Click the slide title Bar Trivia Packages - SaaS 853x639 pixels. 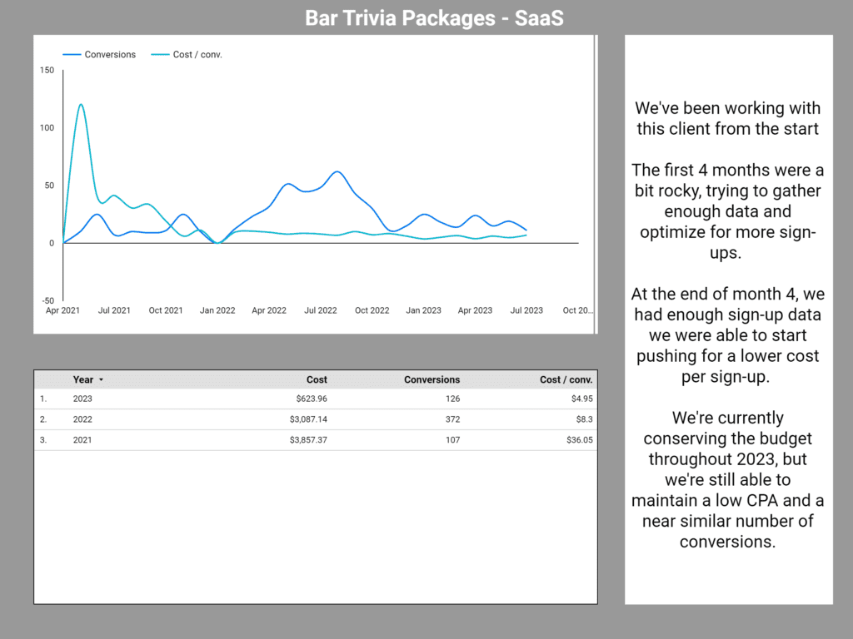[x=434, y=17]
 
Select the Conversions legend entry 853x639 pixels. [x=109, y=55]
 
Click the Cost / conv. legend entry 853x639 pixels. [x=197, y=55]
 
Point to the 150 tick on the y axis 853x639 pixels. [x=47, y=71]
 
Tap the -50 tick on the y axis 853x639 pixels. [x=47, y=300]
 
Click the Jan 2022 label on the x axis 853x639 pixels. [x=217, y=310]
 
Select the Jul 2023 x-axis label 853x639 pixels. [x=526, y=310]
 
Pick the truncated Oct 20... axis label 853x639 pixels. [x=577, y=310]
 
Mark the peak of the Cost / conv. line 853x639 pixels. [x=81, y=105]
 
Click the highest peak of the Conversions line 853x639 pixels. [x=337, y=172]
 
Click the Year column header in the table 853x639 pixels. [x=83, y=379]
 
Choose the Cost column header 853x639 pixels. [x=317, y=379]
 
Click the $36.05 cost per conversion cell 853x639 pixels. [x=576, y=440]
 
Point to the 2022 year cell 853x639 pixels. [x=82, y=419]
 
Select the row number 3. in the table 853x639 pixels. [x=43, y=440]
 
